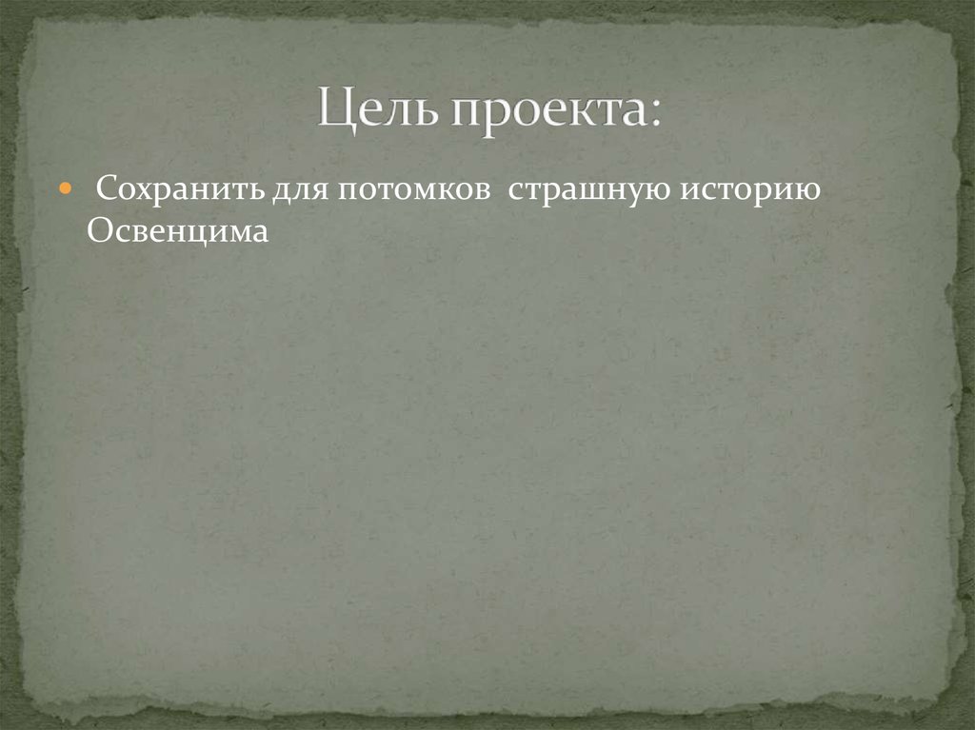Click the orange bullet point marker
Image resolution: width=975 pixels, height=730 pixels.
tap(64, 190)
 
